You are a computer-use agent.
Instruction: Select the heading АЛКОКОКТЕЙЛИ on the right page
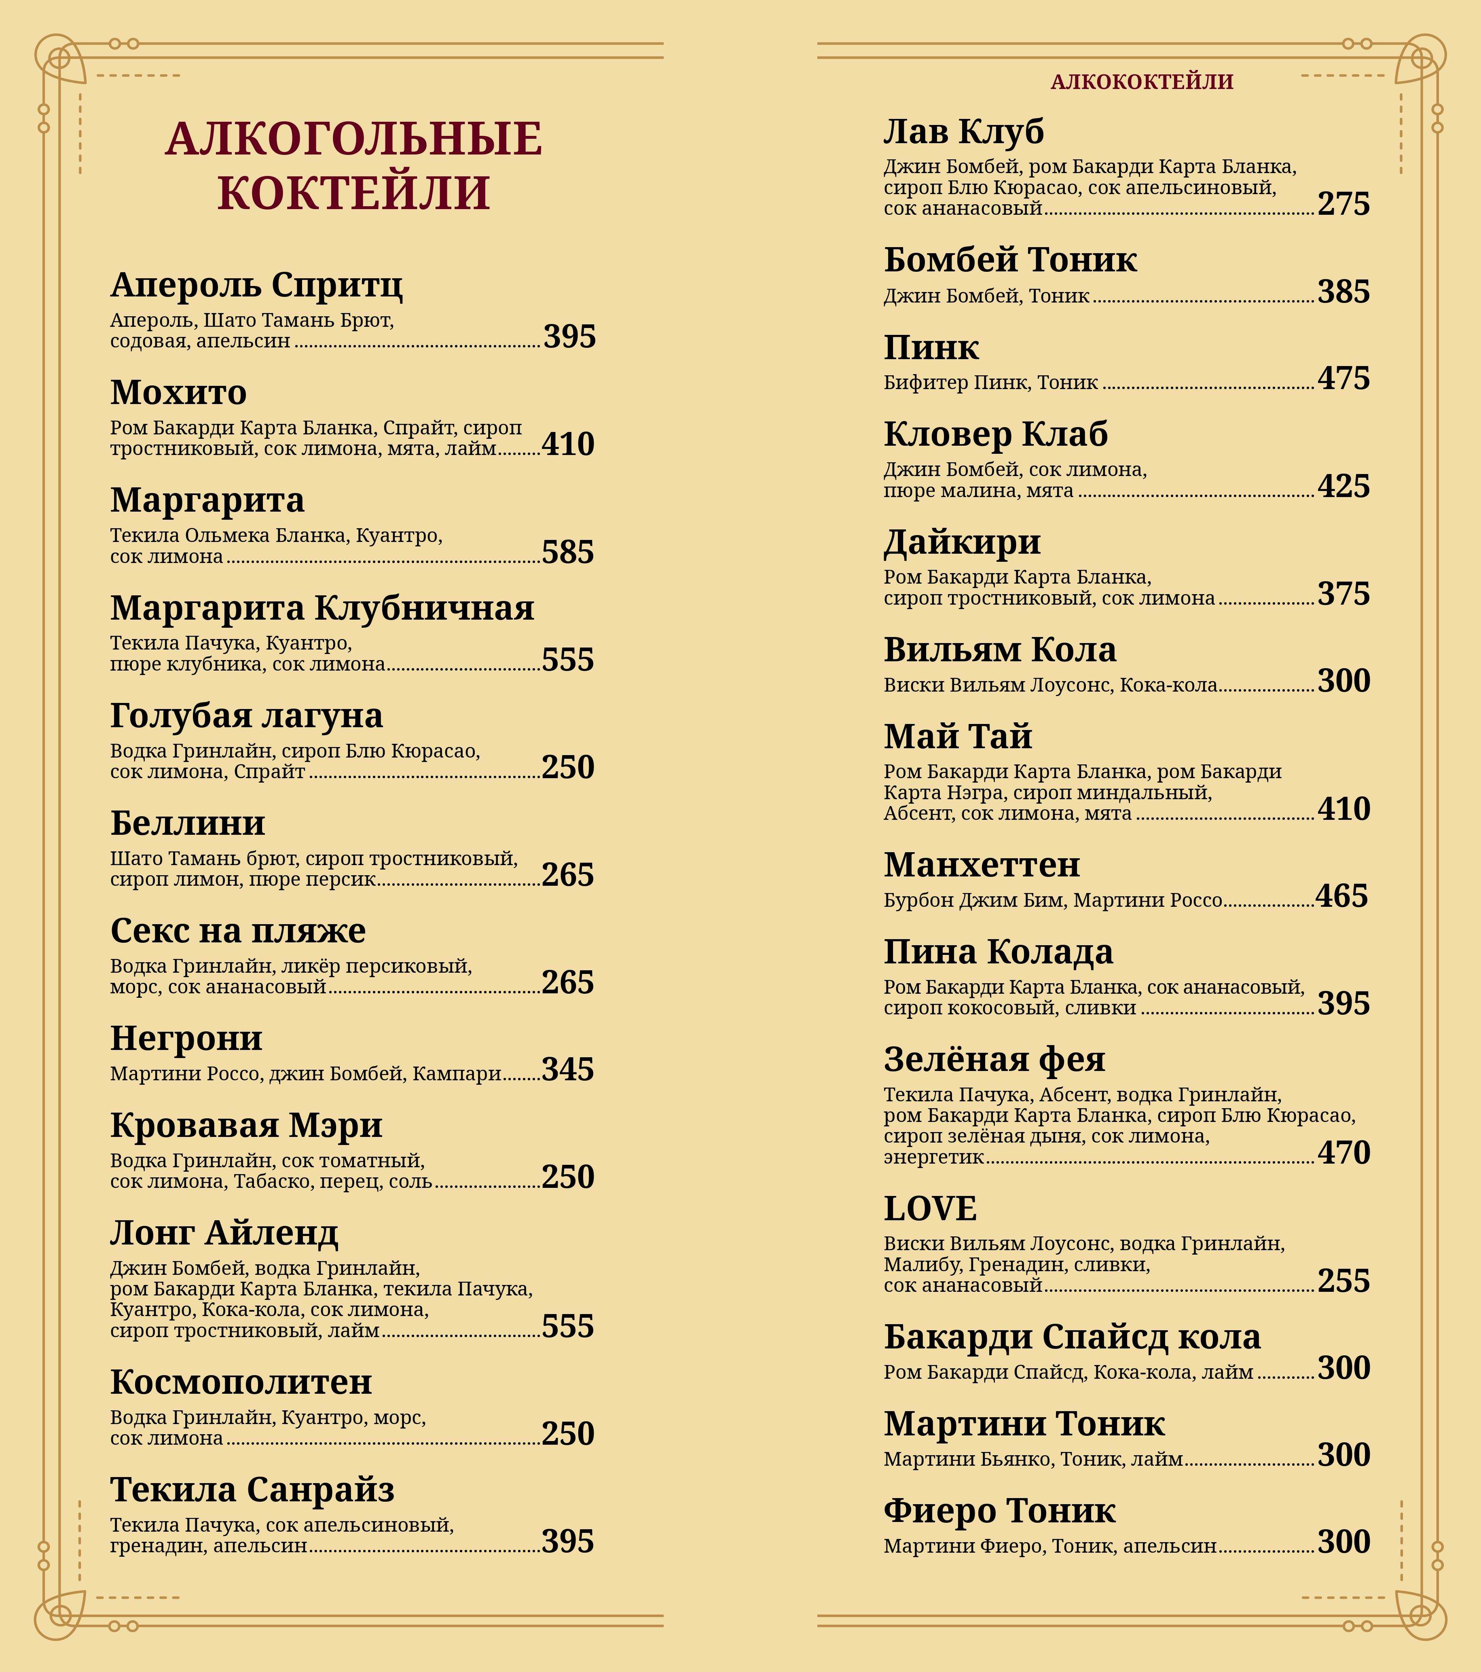[x=1142, y=82]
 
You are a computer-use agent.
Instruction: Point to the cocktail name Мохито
[x=178, y=393]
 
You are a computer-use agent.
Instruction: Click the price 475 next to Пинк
[x=1343, y=379]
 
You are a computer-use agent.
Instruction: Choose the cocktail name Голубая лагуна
[x=246, y=716]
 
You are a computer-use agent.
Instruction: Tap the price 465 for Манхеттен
[x=1341, y=897]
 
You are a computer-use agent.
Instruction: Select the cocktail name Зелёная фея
[x=994, y=1059]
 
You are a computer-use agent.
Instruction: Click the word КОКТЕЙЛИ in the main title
[x=353, y=193]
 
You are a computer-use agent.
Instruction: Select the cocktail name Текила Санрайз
[x=252, y=1490]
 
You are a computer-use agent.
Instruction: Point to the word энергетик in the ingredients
[x=933, y=1158]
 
